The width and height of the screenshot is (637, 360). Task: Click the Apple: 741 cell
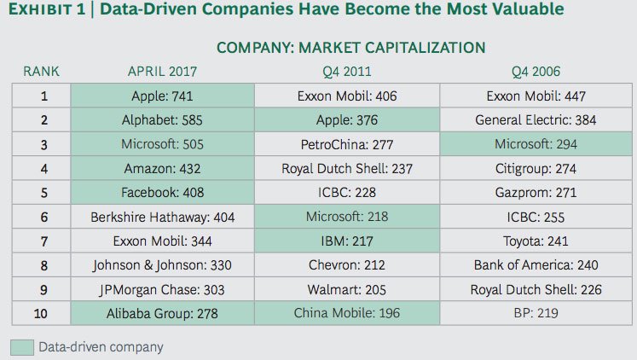click(x=163, y=96)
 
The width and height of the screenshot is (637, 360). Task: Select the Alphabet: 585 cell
click(x=163, y=120)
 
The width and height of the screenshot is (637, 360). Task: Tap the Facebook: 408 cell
click(x=163, y=193)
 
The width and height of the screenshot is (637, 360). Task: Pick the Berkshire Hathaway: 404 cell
click(x=163, y=218)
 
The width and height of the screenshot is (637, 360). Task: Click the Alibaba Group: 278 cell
click(x=163, y=314)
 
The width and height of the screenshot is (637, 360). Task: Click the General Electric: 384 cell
click(x=536, y=120)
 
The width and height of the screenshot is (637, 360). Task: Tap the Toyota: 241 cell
click(x=536, y=241)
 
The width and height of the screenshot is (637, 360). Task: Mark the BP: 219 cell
click(x=536, y=314)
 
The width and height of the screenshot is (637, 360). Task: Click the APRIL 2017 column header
click(x=163, y=71)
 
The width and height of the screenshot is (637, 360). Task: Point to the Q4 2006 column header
click(x=536, y=71)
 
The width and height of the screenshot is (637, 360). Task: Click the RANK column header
click(x=41, y=71)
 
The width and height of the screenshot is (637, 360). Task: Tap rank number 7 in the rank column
click(x=42, y=241)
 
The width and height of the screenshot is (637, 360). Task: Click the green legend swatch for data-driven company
click(x=21, y=347)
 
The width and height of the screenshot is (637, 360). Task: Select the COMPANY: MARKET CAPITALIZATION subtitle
click(x=350, y=47)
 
